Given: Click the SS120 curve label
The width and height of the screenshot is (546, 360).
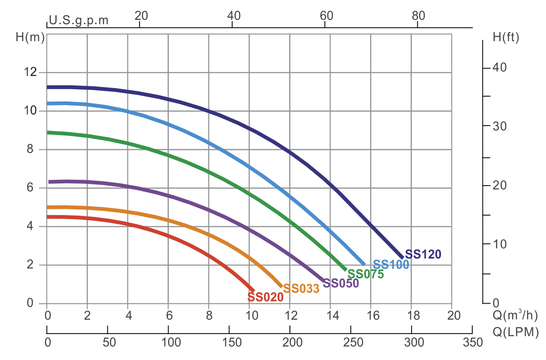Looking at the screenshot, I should click(423, 254).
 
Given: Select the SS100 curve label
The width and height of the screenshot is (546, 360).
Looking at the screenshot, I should click(391, 265).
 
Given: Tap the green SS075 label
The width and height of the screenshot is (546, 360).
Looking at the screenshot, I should click(365, 274).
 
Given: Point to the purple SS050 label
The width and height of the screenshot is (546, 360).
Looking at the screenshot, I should click(341, 283).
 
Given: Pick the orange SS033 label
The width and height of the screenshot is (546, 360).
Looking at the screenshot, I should click(301, 289).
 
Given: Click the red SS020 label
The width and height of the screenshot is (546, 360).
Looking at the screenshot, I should click(265, 297).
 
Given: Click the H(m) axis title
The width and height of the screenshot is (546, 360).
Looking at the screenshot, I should click(30, 38).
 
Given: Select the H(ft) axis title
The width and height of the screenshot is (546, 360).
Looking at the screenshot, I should click(506, 38).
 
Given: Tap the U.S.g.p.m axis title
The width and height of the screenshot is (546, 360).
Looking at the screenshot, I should click(79, 20).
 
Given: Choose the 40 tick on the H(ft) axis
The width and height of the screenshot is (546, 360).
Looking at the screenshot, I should click(499, 68).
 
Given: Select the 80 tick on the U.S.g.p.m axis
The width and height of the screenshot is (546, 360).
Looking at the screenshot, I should click(418, 15).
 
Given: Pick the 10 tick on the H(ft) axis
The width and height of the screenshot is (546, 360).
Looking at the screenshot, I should click(499, 244).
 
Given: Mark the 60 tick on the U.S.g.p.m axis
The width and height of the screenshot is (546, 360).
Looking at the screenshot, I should click(327, 15).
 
